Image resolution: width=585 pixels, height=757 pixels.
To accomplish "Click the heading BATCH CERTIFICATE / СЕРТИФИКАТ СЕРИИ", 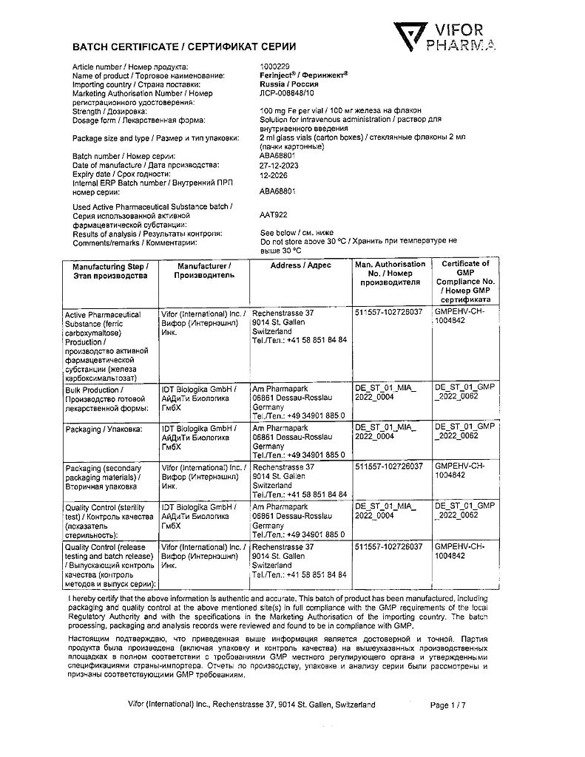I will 183,47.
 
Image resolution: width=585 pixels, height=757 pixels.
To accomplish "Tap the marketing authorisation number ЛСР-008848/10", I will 286,94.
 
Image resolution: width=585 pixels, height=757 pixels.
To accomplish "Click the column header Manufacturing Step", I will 110,270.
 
